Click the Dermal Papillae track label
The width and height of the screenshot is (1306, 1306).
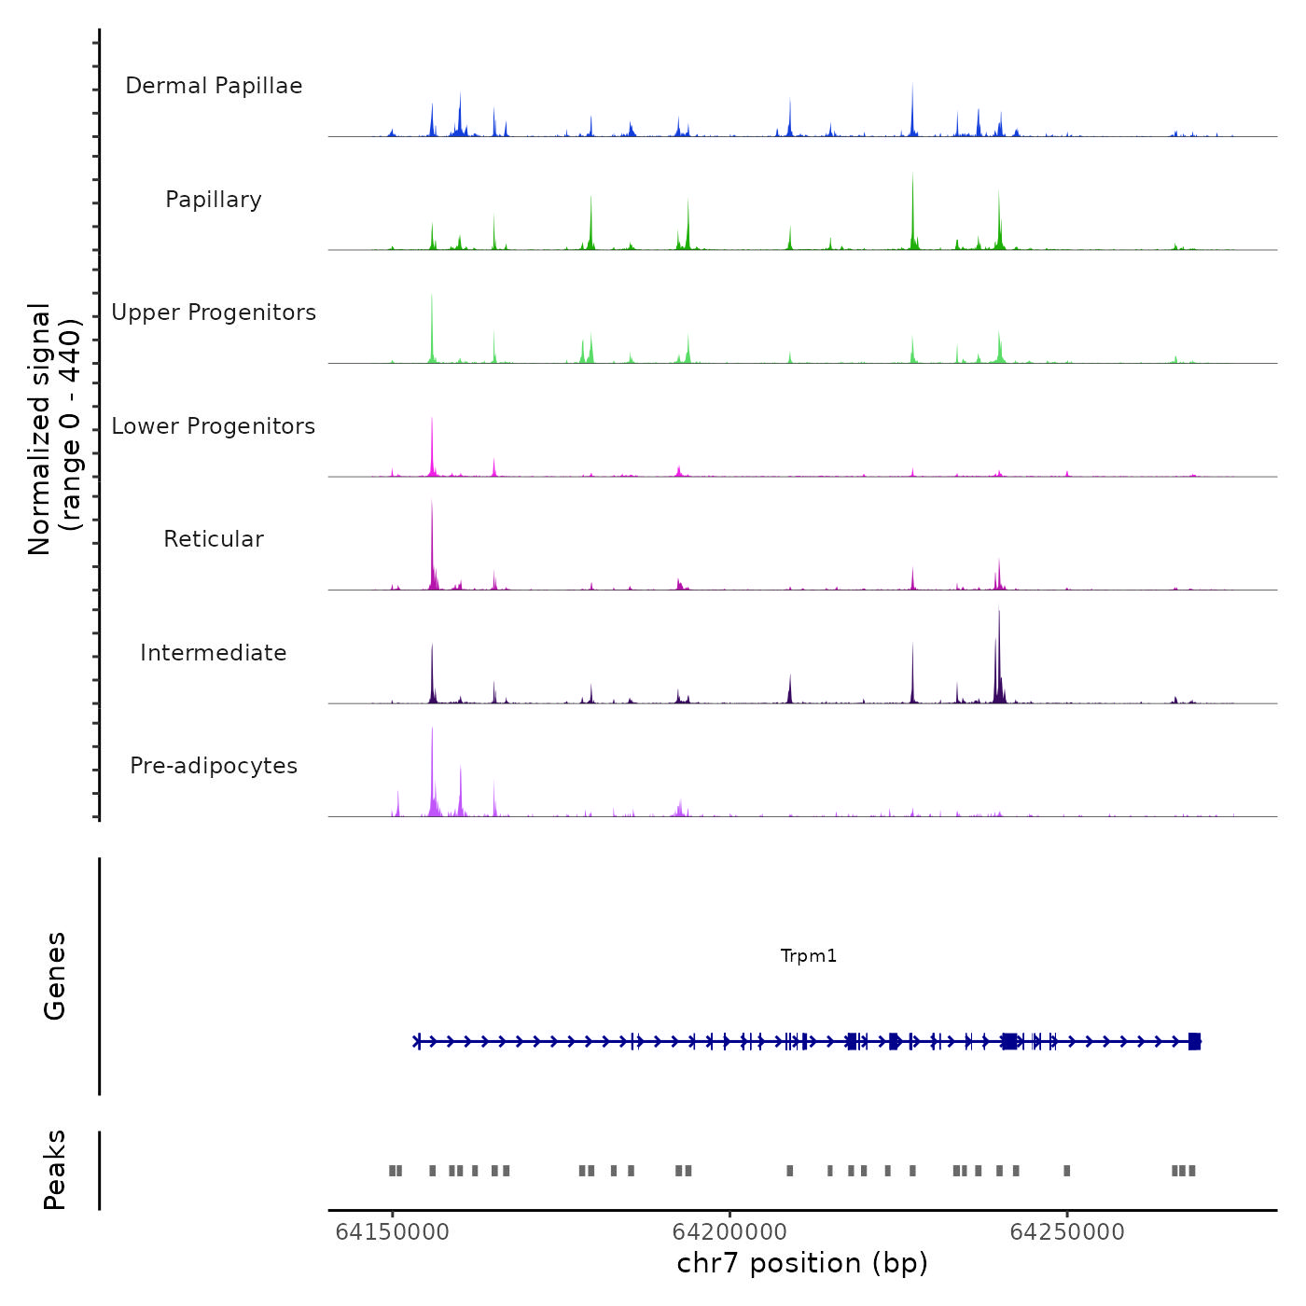click(214, 86)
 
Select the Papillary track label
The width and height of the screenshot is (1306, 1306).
click(214, 200)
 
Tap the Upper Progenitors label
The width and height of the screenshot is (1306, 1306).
click(214, 313)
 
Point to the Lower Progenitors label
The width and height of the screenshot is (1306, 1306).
click(214, 426)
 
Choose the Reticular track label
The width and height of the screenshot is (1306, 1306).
click(214, 539)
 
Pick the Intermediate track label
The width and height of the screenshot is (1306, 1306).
click(214, 653)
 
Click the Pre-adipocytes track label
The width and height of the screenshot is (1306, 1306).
click(214, 766)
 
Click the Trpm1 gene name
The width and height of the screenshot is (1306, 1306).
click(809, 956)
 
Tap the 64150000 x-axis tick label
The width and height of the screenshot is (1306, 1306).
click(393, 1232)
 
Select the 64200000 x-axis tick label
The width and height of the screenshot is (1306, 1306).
click(729, 1232)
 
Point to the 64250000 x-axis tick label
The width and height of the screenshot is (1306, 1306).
click(1067, 1232)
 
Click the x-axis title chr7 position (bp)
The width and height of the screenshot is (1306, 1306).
click(802, 1264)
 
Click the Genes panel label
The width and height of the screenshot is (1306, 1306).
click(55, 976)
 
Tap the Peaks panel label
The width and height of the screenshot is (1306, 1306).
click(55, 1170)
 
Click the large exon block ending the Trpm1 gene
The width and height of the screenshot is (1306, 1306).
click(1195, 1042)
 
